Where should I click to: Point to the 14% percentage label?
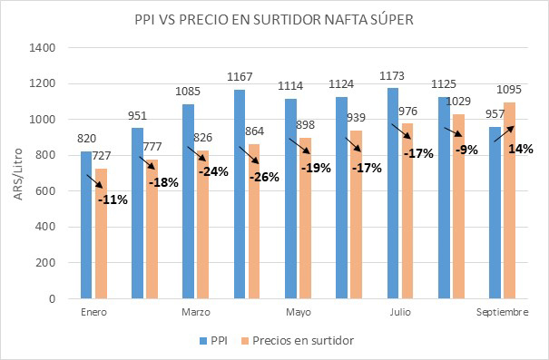pos(522,150)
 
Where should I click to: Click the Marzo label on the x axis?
pos(196,312)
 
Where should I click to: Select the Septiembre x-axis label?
pos(503,312)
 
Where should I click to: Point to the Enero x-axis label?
pos(93,312)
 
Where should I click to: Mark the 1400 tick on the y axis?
pos(43,48)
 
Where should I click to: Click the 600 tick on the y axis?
pos(46,191)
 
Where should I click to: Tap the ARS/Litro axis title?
pos(17,172)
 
